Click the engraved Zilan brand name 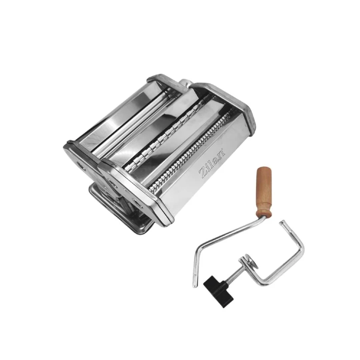212,164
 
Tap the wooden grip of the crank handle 264,192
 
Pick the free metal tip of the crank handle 195,284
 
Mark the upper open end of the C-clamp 282,222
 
